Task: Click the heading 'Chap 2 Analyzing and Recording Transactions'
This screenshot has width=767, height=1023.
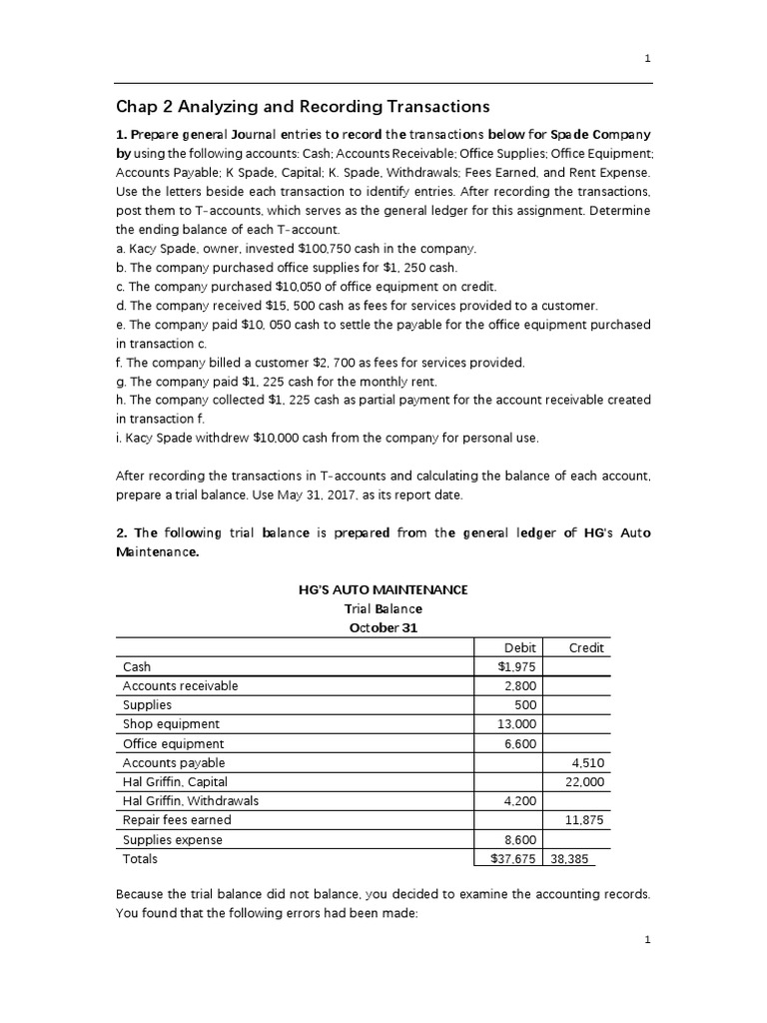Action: coord(304,106)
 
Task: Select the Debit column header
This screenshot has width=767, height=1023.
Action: coord(520,647)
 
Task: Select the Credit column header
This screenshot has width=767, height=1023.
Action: coord(586,647)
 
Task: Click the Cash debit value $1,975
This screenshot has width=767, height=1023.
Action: coord(516,666)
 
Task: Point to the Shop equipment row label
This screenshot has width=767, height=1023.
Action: coord(171,724)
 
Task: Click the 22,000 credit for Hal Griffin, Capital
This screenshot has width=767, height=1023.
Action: coord(584,782)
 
